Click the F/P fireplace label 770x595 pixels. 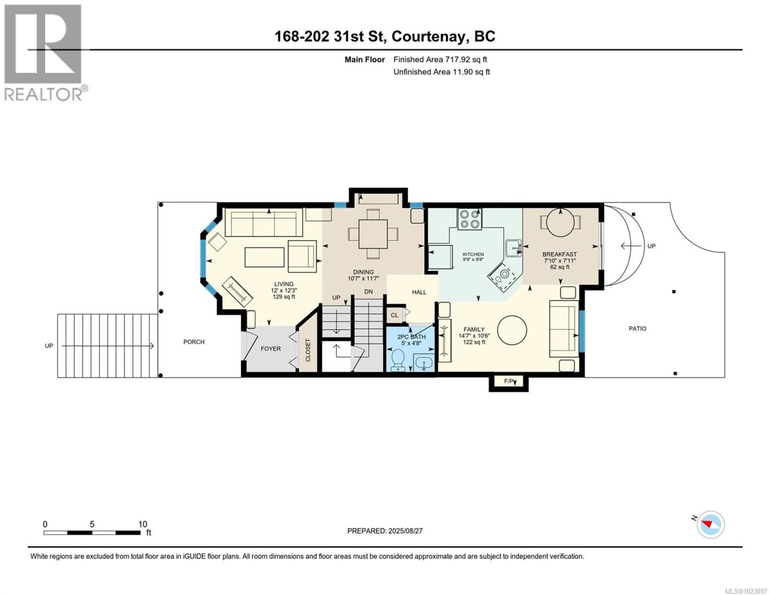tap(508, 381)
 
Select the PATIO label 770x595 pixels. tap(637, 328)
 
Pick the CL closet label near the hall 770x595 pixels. tap(394, 315)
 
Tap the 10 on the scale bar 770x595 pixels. tap(142, 524)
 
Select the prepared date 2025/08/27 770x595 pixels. tap(404, 531)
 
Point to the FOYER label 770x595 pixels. tap(271, 349)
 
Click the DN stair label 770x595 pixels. tap(368, 292)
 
